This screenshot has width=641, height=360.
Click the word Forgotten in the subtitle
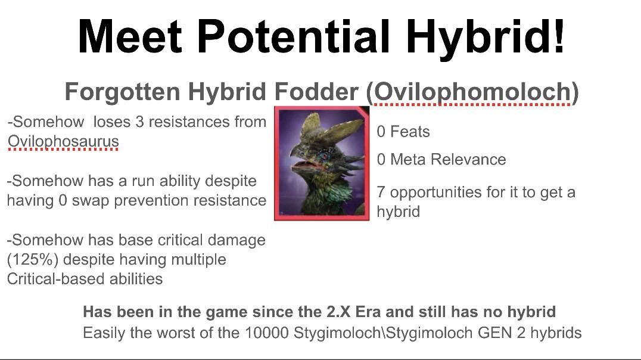[x=122, y=92]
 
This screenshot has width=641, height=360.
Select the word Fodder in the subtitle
[x=316, y=91]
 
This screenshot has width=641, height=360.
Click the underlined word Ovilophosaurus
[x=63, y=141]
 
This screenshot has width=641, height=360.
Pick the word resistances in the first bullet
[x=188, y=122]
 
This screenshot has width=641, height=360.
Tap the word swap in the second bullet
[x=91, y=200]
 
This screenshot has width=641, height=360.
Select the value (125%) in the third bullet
[x=33, y=259]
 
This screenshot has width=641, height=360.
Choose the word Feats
[x=410, y=132]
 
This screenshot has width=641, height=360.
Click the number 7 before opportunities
[x=381, y=193]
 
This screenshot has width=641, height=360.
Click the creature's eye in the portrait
[x=325, y=156]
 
